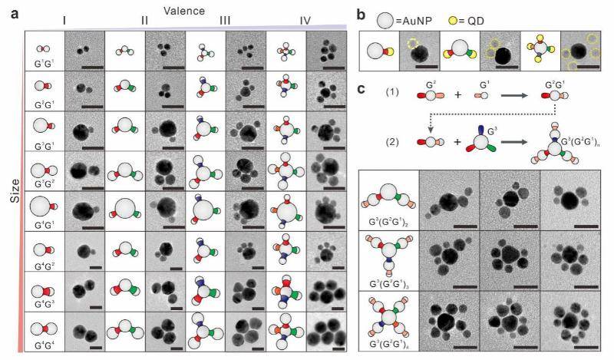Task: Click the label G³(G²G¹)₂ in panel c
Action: [x=387, y=224]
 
